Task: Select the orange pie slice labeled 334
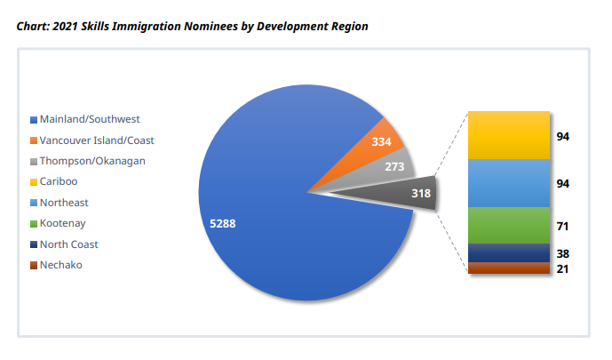click(x=378, y=148)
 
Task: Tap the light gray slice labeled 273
click(x=394, y=167)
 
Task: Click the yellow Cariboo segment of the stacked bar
click(x=509, y=135)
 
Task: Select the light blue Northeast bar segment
click(x=509, y=183)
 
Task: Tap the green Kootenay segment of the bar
click(x=509, y=226)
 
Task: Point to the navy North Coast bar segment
click(x=509, y=253)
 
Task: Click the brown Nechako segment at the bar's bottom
click(x=509, y=268)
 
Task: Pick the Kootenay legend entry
click(x=62, y=223)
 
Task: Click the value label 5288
click(x=222, y=223)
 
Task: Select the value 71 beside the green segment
click(x=562, y=227)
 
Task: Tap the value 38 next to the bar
click(x=562, y=253)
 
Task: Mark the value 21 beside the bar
click(x=562, y=268)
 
